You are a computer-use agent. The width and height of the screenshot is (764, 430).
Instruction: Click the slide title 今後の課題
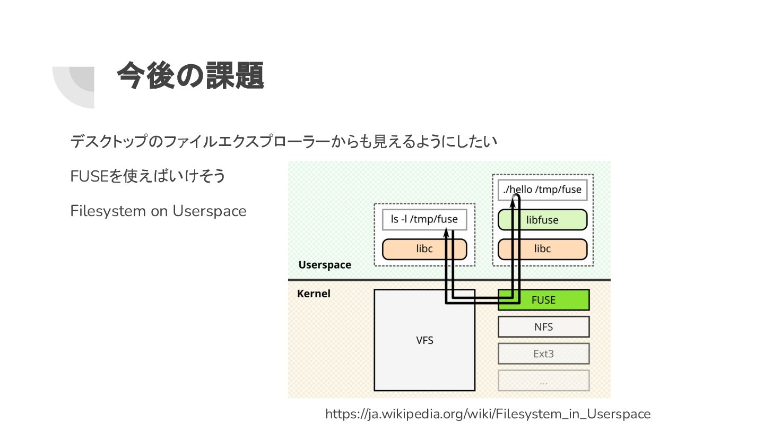[x=190, y=76]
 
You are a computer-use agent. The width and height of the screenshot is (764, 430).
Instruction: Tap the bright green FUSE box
[x=543, y=300]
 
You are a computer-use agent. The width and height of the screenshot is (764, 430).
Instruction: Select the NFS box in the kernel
[x=543, y=327]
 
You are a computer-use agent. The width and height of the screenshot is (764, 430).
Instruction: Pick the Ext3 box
[x=543, y=354]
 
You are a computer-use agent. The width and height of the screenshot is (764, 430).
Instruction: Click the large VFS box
[x=424, y=340]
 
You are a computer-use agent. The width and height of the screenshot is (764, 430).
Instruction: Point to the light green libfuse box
[x=542, y=220]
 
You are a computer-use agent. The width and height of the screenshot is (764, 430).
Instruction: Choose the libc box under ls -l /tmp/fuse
[x=424, y=249]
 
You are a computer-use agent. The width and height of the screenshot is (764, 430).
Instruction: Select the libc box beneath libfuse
[x=542, y=249]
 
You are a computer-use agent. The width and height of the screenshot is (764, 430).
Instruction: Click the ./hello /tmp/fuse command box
[x=542, y=190]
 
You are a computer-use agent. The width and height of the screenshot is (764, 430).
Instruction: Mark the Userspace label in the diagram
[x=325, y=265]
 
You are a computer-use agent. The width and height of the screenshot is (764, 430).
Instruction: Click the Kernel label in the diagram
[x=314, y=294]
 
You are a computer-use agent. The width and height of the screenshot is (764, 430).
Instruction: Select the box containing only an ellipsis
[x=543, y=381]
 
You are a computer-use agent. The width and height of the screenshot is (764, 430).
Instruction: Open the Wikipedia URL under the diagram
[x=488, y=414]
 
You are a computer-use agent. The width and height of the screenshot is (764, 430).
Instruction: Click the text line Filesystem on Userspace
[x=158, y=211]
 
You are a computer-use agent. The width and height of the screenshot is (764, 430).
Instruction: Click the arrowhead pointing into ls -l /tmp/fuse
[x=447, y=233]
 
